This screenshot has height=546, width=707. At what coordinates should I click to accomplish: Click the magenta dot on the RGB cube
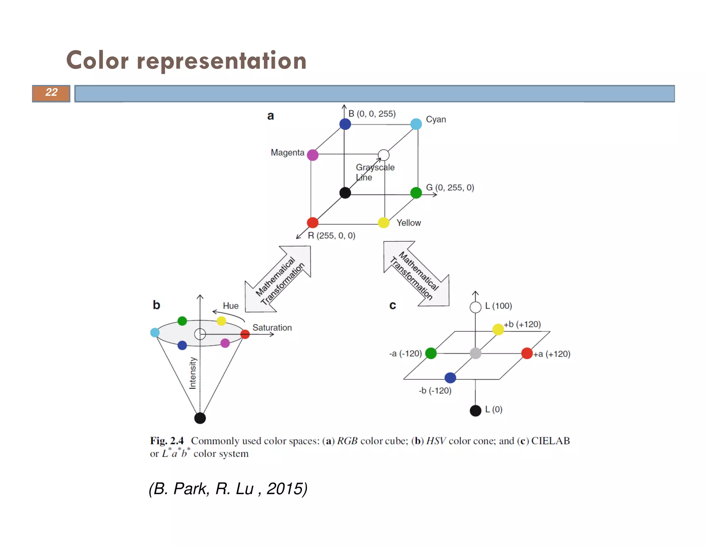coord(312,155)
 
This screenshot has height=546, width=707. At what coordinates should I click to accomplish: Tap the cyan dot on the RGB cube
coord(416,124)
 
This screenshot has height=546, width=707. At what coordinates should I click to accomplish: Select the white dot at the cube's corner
coord(384,155)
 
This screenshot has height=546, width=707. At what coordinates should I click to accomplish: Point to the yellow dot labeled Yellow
coord(384,223)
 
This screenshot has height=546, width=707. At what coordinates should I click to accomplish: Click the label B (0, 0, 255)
coord(372,114)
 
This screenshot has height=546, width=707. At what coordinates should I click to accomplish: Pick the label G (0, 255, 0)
coord(450,187)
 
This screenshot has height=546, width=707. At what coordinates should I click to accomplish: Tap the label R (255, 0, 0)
coord(331,235)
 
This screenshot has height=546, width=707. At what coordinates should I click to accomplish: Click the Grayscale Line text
coord(375,172)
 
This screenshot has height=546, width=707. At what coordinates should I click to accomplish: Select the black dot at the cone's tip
coord(200,418)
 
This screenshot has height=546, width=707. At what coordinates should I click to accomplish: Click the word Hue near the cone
coord(231,306)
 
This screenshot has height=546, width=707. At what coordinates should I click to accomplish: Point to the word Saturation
coord(272,328)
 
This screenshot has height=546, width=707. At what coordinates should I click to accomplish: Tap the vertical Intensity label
coord(193,373)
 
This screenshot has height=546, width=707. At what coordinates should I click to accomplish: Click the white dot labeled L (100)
coord(475,307)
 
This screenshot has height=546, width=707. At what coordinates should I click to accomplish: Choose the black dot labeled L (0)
coord(475,411)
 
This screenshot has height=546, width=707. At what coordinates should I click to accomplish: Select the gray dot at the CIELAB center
coord(475,353)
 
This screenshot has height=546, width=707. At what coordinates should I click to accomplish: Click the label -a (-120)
coord(406,353)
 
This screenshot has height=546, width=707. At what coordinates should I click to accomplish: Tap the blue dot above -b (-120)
coord(450,378)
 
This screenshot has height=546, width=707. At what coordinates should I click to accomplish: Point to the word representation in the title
coord(222,61)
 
